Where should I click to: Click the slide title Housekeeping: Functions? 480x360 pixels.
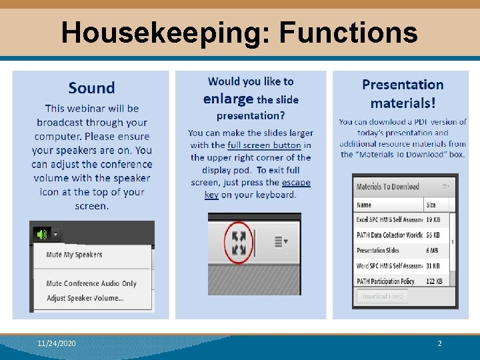(239, 32)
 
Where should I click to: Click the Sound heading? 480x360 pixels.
(91, 88)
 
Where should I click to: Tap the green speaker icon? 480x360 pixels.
(43, 234)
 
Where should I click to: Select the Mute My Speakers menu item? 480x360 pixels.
(74, 255)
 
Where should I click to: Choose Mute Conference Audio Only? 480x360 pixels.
(91, 283)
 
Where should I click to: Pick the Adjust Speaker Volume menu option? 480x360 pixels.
(85, 298)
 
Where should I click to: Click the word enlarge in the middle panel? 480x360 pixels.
(228, 99)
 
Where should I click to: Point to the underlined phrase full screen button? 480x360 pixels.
(264, 145)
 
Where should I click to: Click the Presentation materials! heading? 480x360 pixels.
(403, 93)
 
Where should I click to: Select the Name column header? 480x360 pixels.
(364, 205)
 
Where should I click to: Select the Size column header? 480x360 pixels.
(431, 205)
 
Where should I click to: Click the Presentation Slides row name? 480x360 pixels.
(378, 251)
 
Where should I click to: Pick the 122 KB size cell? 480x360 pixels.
(434, 281)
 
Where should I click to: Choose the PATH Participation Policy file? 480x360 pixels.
(385, 281)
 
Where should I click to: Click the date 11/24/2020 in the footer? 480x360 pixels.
(57, 343)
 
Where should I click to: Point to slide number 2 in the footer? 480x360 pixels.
(439, 343)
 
